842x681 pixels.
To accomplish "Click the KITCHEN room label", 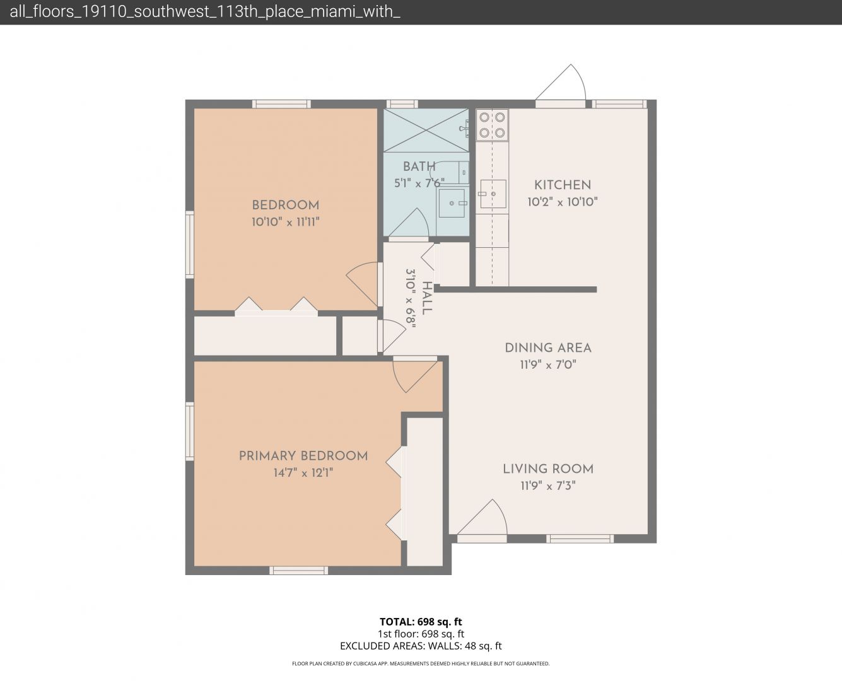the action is [x=563, y=185].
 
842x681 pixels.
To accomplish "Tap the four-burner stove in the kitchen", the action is [x=492, y=125].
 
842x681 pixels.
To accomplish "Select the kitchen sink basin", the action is [x=493, y=194].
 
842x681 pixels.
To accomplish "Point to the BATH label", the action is [x=419, y=166].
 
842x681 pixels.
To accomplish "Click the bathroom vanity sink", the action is [x=452, y=203].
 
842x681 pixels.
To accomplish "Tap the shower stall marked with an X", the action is [x=426, y=131].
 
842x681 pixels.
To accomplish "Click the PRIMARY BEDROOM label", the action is [x=303, y=456].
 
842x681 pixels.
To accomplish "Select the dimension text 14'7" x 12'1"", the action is [x=303, y=473].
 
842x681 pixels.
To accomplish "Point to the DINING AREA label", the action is [x=548, y=348].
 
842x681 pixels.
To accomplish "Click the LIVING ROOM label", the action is [x=548, y=469].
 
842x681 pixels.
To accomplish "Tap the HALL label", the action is [x=427, y=298].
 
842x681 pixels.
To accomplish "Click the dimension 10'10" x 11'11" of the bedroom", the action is [x=286, y=222].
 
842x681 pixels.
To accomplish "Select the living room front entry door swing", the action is [x=483, y=518].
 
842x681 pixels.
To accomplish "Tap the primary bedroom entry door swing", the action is [x=414, y=376].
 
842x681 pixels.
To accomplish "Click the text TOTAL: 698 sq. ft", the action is [x=421, y=622].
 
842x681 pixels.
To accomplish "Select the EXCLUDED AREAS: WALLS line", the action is [x=421, y=646].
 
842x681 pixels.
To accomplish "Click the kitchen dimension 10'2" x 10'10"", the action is [x=563, y=202].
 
